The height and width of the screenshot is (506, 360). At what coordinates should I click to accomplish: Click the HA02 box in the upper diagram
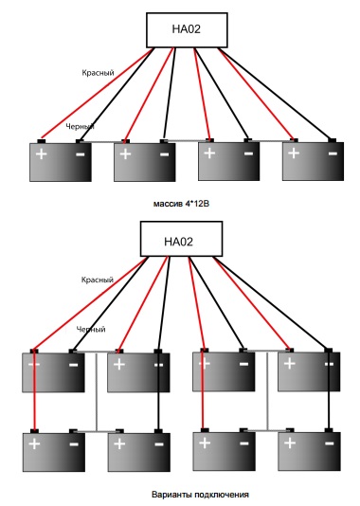(187, 30)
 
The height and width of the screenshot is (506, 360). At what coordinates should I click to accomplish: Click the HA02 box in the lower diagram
(181, 239)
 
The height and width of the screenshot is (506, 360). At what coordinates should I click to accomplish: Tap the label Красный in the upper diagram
(99, 73)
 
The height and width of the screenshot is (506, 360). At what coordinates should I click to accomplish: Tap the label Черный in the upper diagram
(80, 127)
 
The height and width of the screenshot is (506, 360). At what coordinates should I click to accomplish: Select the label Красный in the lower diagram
(98, 280)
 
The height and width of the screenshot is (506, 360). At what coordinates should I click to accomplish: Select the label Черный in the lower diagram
(91, 330)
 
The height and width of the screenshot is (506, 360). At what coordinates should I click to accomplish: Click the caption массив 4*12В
(181, 204)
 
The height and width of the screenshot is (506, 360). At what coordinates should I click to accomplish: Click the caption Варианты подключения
(200, 495)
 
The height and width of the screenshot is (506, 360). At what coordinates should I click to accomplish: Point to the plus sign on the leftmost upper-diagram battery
(42, 154)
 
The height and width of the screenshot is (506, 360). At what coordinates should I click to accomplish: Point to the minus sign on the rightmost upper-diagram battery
(333, 154)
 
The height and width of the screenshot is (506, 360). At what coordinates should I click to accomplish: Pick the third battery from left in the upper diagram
(228, 160)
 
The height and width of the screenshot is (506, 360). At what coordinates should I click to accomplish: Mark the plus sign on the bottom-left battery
(34, 444)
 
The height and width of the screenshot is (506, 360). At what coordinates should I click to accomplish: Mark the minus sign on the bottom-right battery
(330, 443)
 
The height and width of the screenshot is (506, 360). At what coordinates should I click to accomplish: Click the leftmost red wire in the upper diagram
(97, 93)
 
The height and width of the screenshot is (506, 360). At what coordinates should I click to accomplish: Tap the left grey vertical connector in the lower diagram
(96, 391)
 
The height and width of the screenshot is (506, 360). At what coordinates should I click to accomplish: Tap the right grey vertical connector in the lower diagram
(267, 390)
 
